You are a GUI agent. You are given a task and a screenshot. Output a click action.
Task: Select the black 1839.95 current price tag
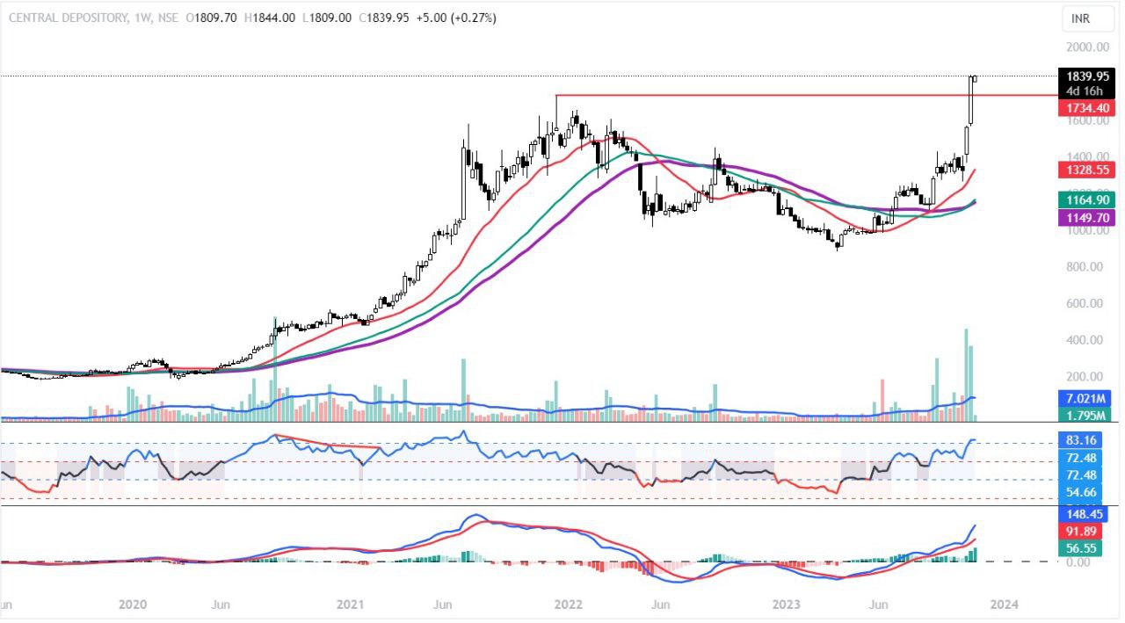tap(1086, 76)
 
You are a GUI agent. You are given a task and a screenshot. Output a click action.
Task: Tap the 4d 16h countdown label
tap(1086, 90)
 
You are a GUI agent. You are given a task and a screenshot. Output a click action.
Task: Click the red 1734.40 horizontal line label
tap(1086, 106)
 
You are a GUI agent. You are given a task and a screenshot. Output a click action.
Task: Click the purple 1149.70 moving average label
tap(1086, 216)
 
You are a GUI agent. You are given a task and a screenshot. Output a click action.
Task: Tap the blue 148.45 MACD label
tap(1086, 516)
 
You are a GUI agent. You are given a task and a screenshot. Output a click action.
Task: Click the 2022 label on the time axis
tap(569, 605)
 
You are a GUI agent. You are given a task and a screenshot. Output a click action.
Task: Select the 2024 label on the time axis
tap(1005, 605)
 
